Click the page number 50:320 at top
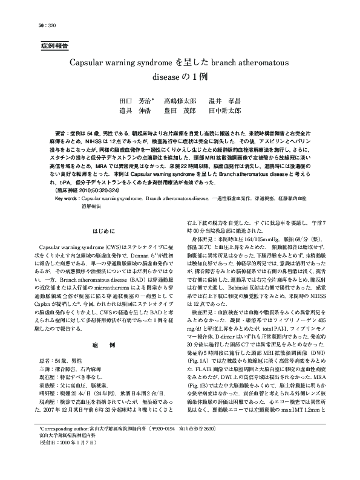point(30,25)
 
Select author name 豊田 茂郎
point(180,111)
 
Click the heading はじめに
point(100,232)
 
